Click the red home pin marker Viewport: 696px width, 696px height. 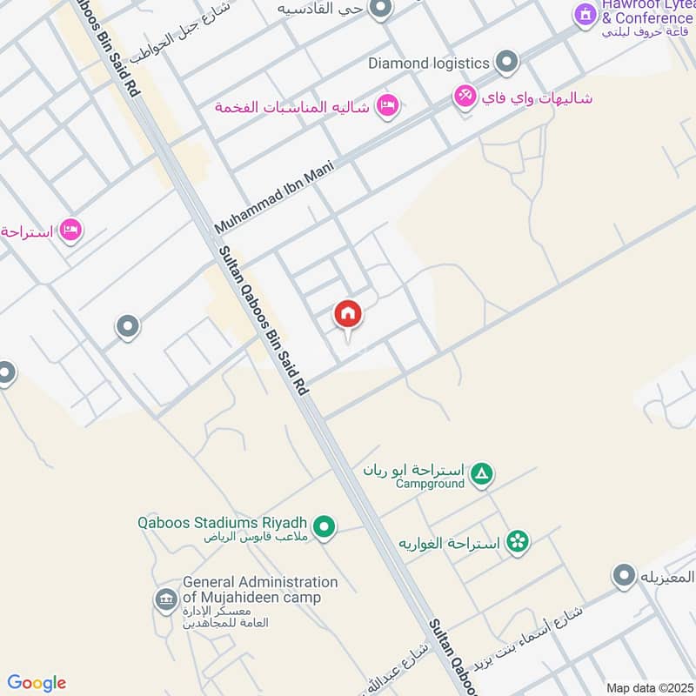(x=348, y=315)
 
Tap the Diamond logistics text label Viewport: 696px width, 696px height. (x=430, y=63)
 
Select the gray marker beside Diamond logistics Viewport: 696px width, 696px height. (x=506, y=62)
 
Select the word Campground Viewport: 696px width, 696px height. (x=430, y=484)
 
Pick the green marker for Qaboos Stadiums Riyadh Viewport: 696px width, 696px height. (x=325, y=526)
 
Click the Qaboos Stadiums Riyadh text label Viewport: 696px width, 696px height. (x=224, y=523)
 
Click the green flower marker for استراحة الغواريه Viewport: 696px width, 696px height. (x=518, y=541)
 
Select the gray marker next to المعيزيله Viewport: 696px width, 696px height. (x=623, y=575)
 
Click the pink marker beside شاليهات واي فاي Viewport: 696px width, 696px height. (x=465, y=97)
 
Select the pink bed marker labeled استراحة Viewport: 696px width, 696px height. (x=71, y=231)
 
